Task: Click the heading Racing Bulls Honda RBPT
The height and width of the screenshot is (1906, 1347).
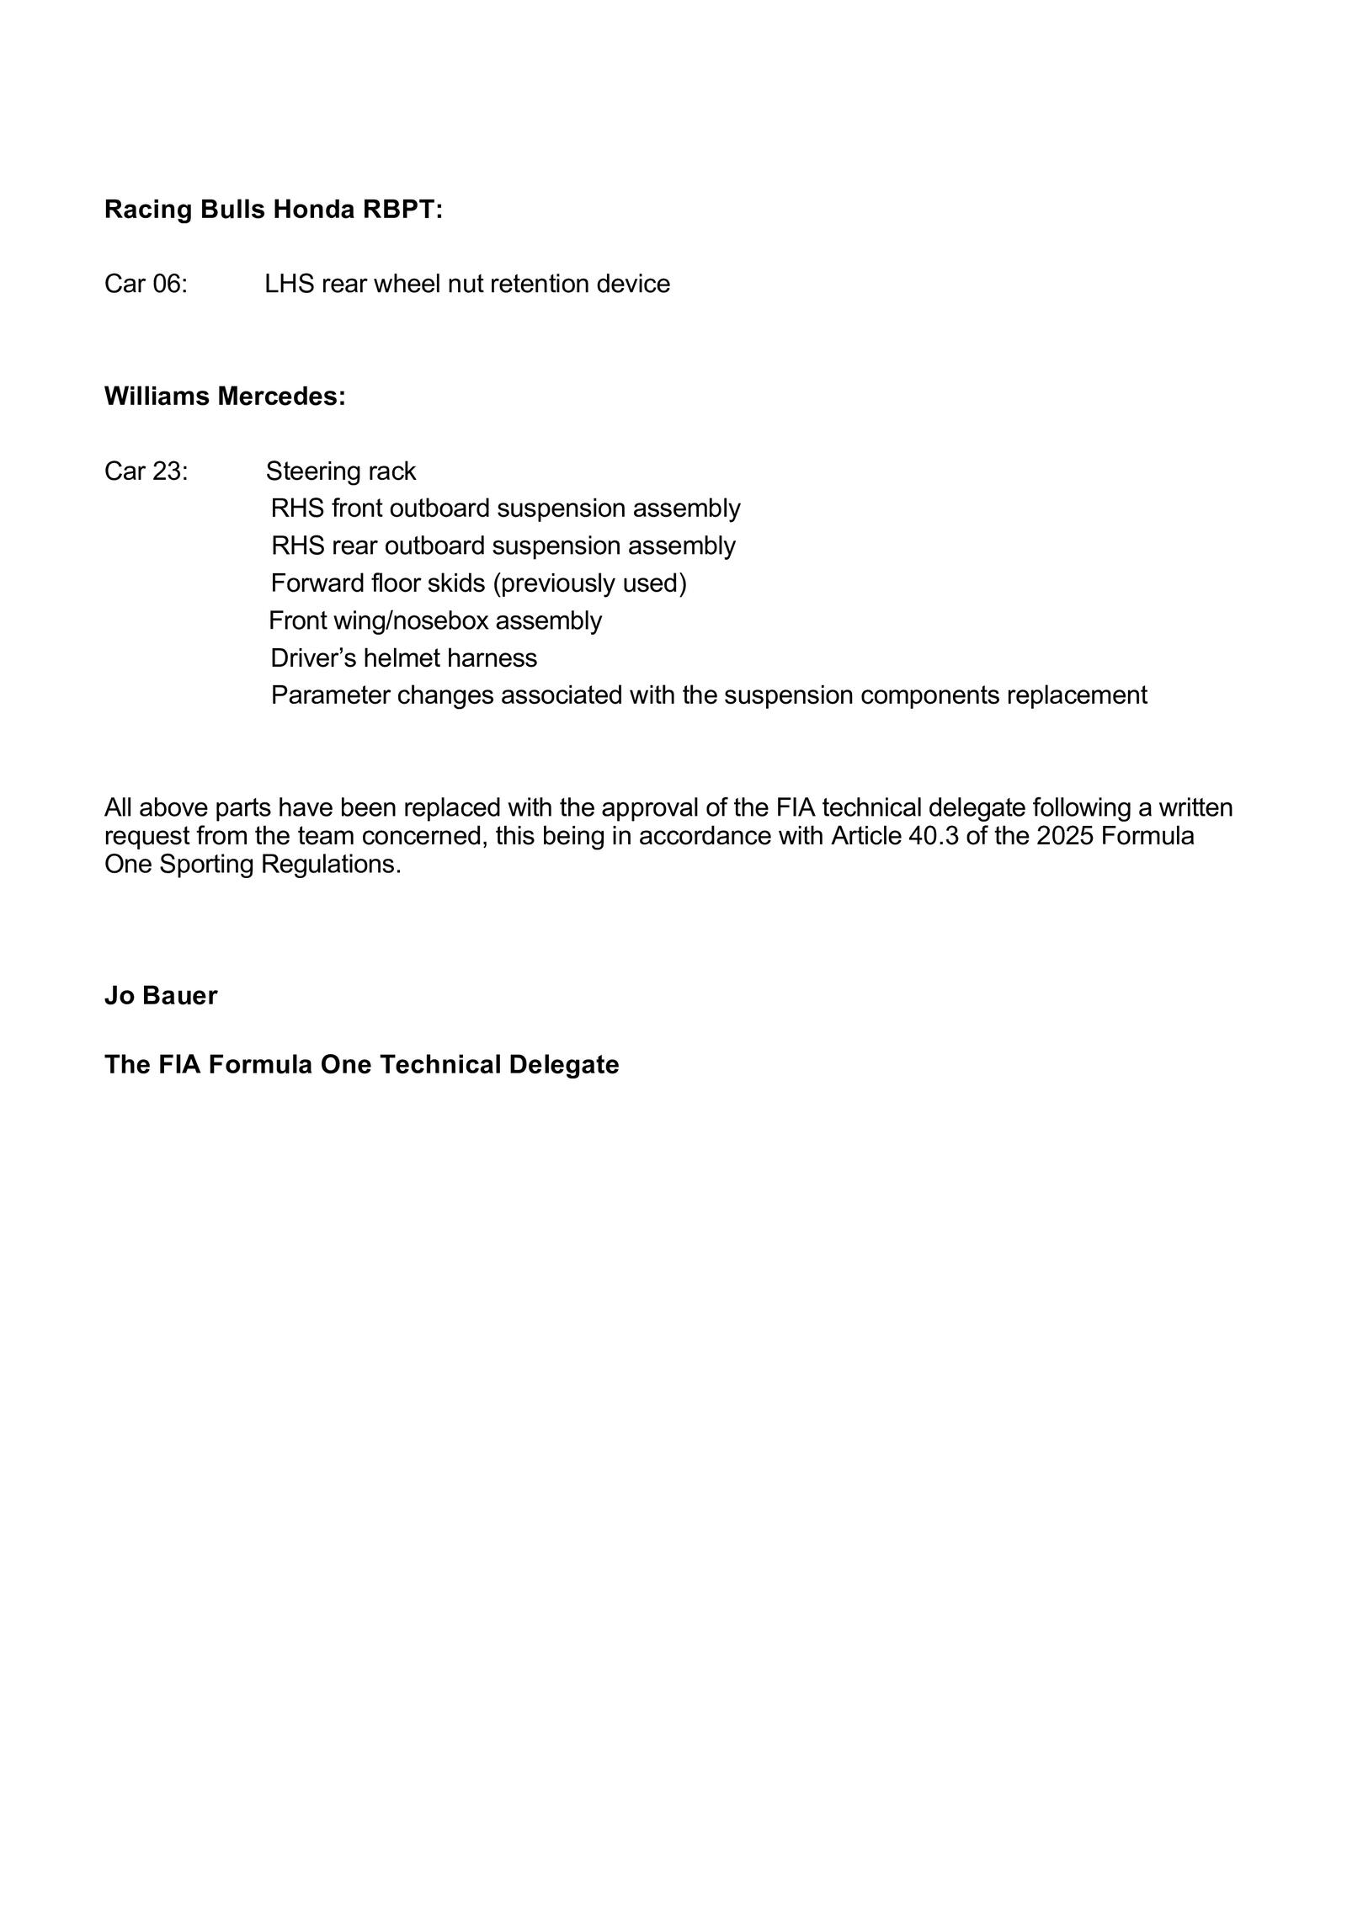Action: click(273, 210)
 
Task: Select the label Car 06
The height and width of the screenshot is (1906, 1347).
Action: click(146, 285)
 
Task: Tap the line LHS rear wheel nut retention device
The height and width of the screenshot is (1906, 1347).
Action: click(467, 285)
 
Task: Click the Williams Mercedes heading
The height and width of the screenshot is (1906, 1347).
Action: click(225, 397)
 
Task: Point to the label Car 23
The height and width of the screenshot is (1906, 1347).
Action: click(146, 471)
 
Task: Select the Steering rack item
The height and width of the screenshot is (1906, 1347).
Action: click(341, 471)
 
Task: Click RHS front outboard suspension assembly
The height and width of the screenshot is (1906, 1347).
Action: click(505, 508)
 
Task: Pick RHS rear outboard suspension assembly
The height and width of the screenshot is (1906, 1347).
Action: click(503, 546)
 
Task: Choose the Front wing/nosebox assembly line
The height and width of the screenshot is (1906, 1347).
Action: click(435, 621)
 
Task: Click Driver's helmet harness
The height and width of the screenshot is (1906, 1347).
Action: click(403, 658)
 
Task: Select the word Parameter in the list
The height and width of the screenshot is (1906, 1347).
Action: click(330, 696)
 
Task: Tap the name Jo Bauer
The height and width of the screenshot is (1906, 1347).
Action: click(161, 996)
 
